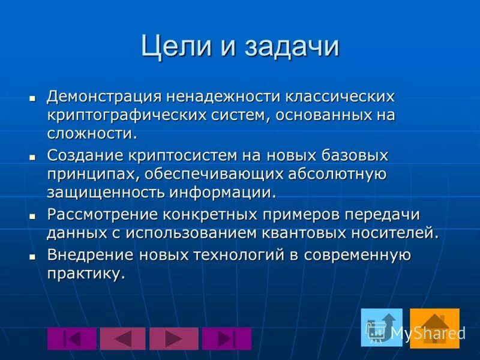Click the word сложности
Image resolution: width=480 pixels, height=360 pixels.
[x=92, y=133]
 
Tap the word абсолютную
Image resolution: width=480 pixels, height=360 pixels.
[x=337, y=174]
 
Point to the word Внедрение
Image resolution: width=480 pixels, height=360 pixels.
[x=90, y=255]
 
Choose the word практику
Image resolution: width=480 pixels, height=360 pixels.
[x=86, y=274]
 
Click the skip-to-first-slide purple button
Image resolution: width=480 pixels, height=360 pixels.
[x=71, y=338]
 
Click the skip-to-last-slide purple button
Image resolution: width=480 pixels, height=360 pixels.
[x=226, y=338]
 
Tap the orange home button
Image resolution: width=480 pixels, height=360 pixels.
[x=434, y=328]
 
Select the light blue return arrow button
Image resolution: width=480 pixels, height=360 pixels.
[x=381, y=328]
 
